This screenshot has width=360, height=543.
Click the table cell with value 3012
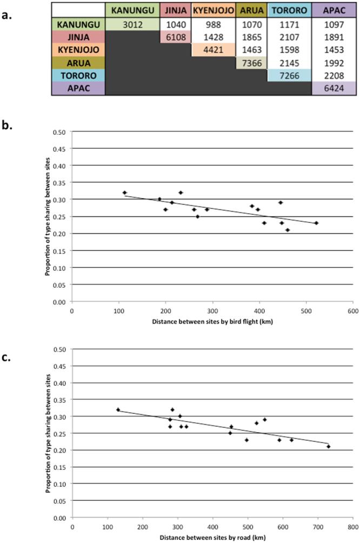(132, 24)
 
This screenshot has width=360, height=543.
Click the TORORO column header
(289, 11)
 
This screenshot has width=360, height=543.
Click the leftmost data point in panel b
(124, 193)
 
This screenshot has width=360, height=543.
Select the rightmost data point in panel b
(316, 223)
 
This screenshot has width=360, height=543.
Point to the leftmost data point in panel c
(118, 409)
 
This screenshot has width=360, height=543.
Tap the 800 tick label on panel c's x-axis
(352, 525)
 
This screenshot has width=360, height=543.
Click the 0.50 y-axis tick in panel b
(59, 131)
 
